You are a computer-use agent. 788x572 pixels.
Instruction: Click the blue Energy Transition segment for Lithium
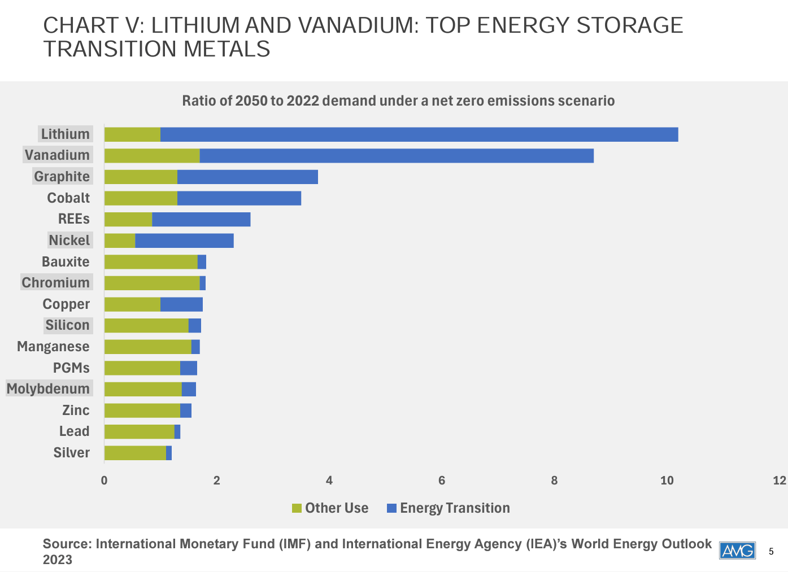[419, 134]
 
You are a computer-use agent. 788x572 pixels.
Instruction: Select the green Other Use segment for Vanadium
[152, 155]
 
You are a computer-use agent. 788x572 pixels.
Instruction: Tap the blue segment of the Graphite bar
[247, 177]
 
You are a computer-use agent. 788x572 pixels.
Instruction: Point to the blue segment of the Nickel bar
[184, 241]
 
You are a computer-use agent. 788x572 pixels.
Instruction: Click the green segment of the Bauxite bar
[151, 262]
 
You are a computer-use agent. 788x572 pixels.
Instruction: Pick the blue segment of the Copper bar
[181, 304]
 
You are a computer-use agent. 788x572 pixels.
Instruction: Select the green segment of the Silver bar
[135, 453]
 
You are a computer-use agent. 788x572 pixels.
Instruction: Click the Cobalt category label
[68, 198]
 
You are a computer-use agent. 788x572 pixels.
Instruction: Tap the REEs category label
[73, 219]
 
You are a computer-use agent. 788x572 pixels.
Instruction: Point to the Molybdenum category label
[49, 389]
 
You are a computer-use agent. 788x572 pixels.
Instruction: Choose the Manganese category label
[53, 347]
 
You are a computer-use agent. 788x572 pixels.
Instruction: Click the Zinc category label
[76, 411]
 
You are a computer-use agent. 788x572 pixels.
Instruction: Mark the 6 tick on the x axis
[442, 481]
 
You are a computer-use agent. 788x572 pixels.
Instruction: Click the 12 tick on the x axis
[780, 481]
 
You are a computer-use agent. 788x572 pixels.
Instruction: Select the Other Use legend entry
[330, 508]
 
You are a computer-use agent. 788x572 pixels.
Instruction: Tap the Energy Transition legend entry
[449, 508]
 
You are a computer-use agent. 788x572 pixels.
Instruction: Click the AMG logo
[737, 551]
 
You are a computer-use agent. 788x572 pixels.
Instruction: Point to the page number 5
[771, 552]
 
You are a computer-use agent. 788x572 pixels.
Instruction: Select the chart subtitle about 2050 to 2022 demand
[398, 101]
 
